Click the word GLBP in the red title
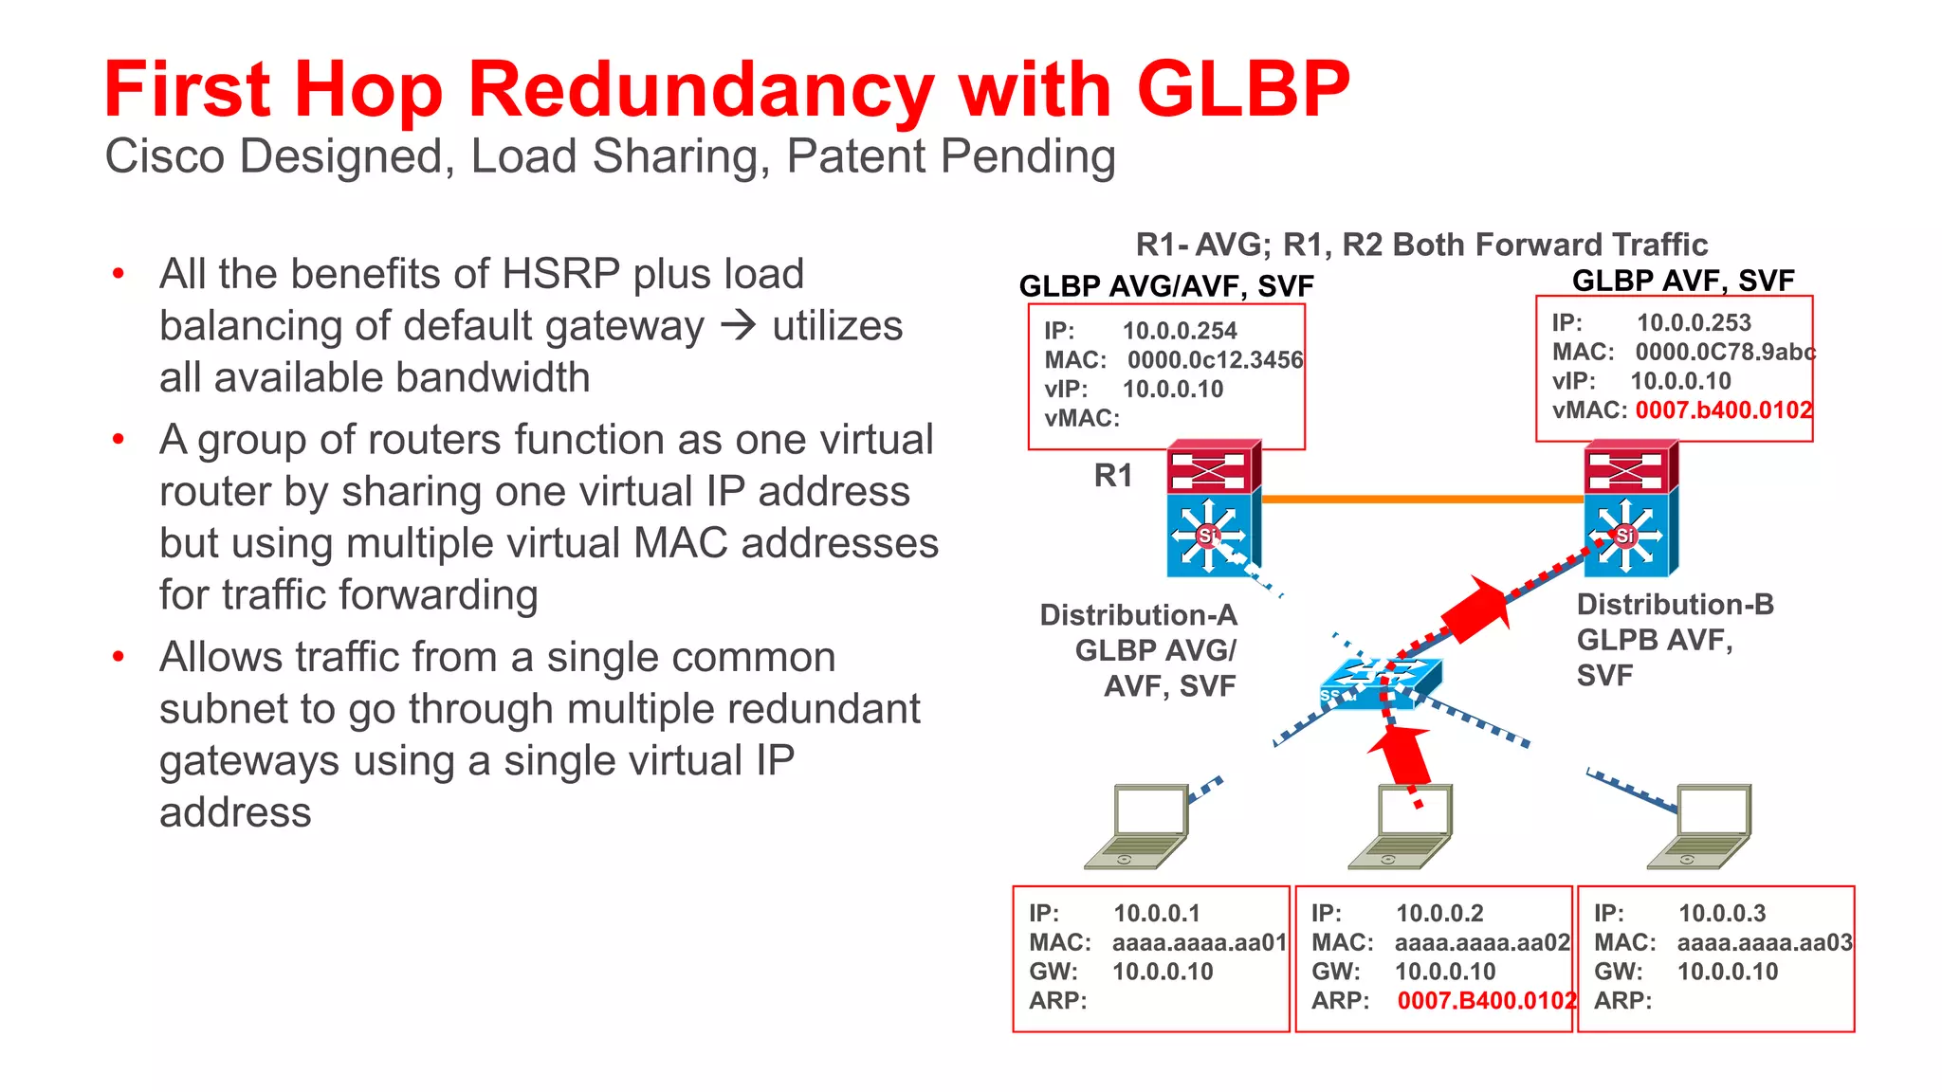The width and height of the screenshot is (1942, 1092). click(x=1242, y=89)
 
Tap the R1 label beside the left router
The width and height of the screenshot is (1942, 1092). click(x=1113, y=475)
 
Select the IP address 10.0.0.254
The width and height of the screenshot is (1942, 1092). click(x=1180, y=331)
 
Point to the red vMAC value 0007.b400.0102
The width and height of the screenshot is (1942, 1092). click(x=1723, y=410)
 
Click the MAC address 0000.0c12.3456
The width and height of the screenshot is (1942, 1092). click(x=1215, y=360)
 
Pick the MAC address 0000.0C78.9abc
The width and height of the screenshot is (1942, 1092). click(x=1725, y=353)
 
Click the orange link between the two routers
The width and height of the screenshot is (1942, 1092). click(x=1422, y=499)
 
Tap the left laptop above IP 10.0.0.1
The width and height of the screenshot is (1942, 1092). click(x=1137, y=826)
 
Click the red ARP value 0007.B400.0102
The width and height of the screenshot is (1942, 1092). click(x=1486, y=1001)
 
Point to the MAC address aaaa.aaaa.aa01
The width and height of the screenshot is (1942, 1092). click(x=1200, y=943)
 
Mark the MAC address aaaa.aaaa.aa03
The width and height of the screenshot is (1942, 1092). click(x=1765, y=943)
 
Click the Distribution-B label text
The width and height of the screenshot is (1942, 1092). click(x=1675, y=605)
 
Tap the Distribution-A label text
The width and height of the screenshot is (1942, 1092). click(x=1138, y=615)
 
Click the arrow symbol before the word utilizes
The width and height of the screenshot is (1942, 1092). click(x=738, y=326)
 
